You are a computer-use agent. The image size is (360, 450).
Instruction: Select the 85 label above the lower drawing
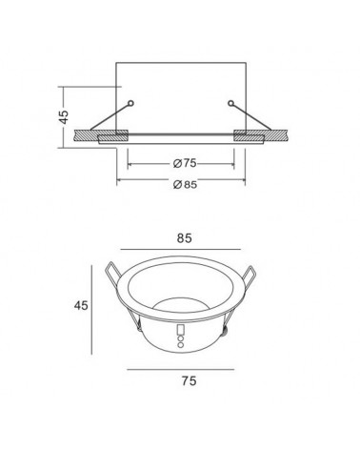181,242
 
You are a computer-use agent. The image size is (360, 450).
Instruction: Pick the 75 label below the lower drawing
181,380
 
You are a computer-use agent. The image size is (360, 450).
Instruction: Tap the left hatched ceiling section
90,137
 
